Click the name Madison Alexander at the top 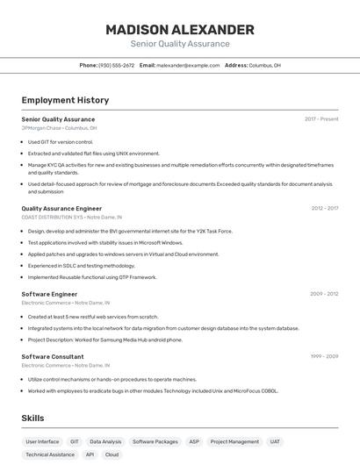coord(180,29)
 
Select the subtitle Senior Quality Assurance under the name coord(180,44)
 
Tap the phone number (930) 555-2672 coord(116,66)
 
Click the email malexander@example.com coord(188,66)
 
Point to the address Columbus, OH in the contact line coord(264,66)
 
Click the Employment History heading coord(65,101)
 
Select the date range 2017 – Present coord(321,119)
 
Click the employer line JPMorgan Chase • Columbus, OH coord(59,128)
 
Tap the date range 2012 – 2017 coord(325,209)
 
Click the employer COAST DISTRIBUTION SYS coord(53,217)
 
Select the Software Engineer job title coord(49,294)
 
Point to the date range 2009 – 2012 coord(325,294)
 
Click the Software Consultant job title coord(53,357)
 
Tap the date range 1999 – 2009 coord(325,357)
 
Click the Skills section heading coord(32,418)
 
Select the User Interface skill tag coord(42,442)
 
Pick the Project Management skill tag coord(234,442)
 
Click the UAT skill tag coord(275,442)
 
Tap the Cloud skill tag coord(112,455)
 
